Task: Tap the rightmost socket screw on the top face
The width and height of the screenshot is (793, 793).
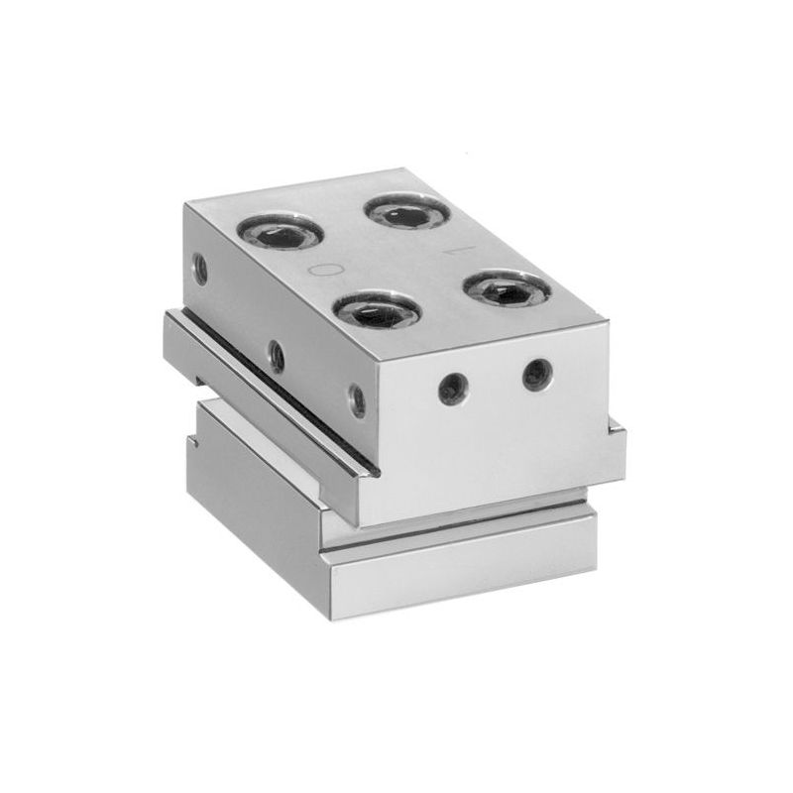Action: [x=507, y=289]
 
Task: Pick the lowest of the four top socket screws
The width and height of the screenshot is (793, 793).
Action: [x=377, y=311]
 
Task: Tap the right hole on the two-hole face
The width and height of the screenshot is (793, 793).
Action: [x=536, y=375]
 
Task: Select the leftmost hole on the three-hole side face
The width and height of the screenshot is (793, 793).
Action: [x=199, y=266]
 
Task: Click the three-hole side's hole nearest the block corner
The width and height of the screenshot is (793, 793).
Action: [x=357, y=401]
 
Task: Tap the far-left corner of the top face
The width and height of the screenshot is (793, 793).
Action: [x=185, y=201]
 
